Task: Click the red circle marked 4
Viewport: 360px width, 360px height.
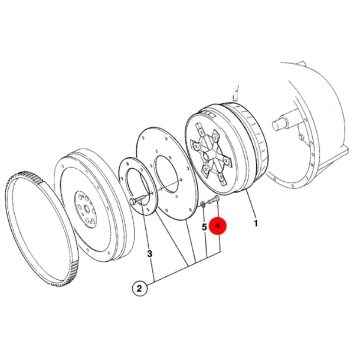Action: [217, 226]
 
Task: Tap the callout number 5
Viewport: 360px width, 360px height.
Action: [204, 227]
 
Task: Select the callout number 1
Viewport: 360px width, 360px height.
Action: [256, 223]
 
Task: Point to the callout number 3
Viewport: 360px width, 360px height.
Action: [149, 254]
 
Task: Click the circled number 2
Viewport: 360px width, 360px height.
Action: [140, 289]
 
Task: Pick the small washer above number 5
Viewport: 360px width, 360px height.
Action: [203, 204]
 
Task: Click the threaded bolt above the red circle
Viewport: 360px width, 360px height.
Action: [214, 199]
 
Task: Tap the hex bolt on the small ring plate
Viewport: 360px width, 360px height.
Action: [138, 199]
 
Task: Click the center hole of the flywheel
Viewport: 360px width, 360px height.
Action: [87, 210]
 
